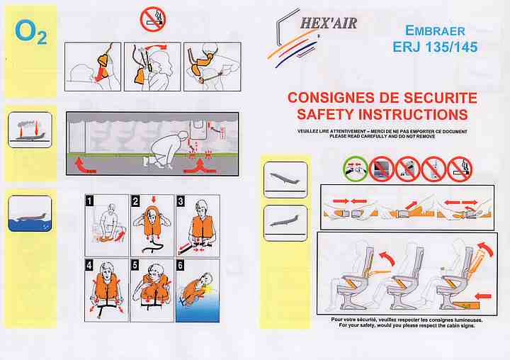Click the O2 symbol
point(31,32)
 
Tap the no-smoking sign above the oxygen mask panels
point(153,19)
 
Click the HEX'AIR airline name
point(329,23)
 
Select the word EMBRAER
point(435,31)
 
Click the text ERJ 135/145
point(435,47)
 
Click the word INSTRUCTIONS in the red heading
point(413,114)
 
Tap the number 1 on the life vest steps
point(89,201)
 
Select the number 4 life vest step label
point(89,265)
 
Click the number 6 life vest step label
point(180,265)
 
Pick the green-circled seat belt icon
point(356,169)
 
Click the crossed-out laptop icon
point(382,169)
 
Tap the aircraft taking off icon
point(285,180)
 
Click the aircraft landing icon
point(285,223)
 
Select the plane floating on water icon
point(30,213)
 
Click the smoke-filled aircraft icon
point(30,130)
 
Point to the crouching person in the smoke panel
point(165,150)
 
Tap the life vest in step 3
point(202,227)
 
